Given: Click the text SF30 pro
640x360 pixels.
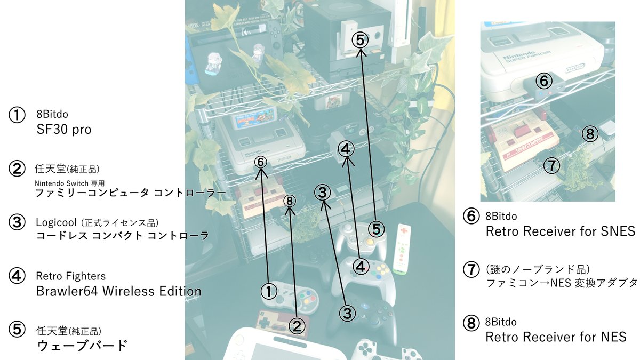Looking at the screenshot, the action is [x=64, y=130].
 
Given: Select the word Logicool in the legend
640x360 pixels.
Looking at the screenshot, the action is [x=57, y=222].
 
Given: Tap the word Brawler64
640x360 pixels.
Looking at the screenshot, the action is [x=67, y=291].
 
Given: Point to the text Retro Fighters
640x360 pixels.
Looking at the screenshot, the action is [x=71, y=276].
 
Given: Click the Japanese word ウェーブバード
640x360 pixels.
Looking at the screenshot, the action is [x=82, y=346].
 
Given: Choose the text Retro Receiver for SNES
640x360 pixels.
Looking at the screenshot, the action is [x=561, y=231].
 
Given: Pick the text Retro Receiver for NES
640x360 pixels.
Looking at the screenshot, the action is [x=556, y=337].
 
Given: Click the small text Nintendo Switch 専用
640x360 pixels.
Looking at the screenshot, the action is [x=69, y=183].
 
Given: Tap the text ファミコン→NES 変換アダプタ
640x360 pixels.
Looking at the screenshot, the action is [x=562, y=283].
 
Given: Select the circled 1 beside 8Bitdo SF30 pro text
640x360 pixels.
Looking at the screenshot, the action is [x=17, y=115].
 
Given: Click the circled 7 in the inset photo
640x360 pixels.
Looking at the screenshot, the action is [x=551, y=165].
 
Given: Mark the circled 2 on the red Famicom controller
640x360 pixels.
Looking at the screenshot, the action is [x=297, y=326].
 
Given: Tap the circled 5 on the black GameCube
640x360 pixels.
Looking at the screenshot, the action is [x=360, y=39].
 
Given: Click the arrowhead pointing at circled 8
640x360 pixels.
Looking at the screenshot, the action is [x=290, y=212].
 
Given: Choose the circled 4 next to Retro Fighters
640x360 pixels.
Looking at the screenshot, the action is [x=17, y=276].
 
